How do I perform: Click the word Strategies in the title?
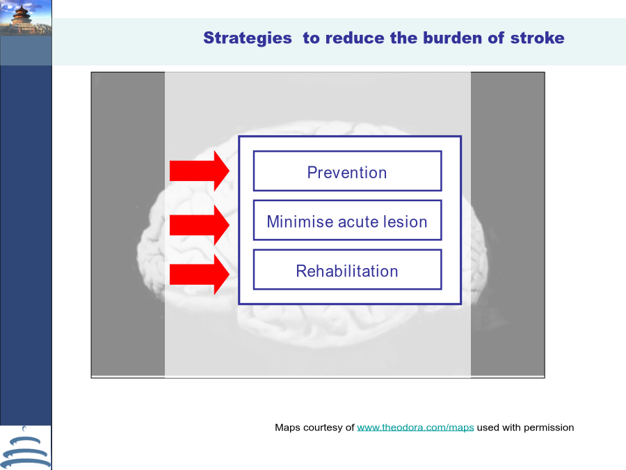[248, 38]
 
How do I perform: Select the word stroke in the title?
[538, 38]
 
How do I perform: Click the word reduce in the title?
[355, 38]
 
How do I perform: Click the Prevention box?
[347, 171]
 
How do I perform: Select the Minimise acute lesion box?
[347, 220]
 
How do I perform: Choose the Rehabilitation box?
[347, 269]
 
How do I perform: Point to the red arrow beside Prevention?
[199, 171]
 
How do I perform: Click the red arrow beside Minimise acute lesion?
[199, 225]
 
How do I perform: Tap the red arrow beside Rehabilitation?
[199, 274]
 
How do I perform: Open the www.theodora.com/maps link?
[415, 428]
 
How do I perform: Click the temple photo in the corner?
[26, 18]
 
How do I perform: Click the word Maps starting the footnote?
[287, 428]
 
